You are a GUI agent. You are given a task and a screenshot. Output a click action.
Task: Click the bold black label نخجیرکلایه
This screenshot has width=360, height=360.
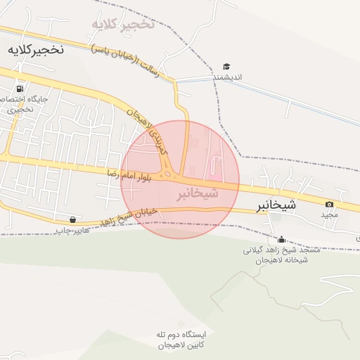[x=35, y=49]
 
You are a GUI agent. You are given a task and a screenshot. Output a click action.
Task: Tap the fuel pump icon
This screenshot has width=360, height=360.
[x=19, y=89]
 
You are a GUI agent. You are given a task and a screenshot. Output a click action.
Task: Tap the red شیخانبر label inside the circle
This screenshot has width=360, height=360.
[x=197, y=192]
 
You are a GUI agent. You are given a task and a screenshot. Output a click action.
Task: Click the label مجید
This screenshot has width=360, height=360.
[x=330, y=214]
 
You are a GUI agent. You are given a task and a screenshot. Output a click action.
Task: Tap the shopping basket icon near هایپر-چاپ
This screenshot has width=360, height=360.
[x=73, y=219]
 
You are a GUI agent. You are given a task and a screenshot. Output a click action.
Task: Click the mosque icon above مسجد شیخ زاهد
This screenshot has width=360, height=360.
[x=281, y=239]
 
